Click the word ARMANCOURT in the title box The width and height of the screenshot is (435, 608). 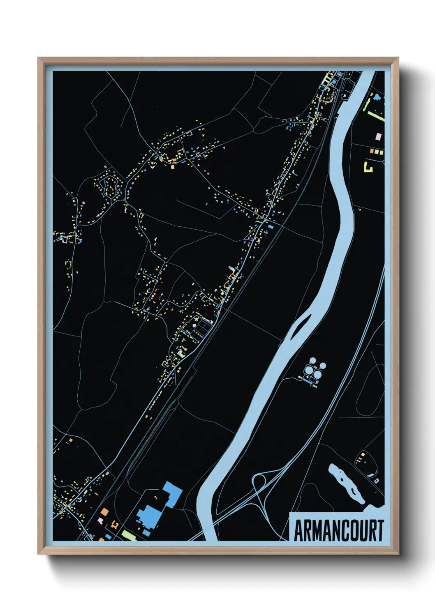click(338, 530)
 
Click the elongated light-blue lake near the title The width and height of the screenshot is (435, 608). click(347, 484)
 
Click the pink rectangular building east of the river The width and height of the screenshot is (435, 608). click(378, 136)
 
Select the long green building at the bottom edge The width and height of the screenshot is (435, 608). click(129, 535)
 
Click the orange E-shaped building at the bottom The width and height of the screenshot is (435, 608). click(114, 525)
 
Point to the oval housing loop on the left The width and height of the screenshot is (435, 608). click(109, 187)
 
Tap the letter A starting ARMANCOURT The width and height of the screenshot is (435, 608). click(298, 530)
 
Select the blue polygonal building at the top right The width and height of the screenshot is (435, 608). click(377, 97)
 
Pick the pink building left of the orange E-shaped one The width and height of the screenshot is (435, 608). click(100, 520)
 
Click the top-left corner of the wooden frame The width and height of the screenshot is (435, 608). click(38, 58)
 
